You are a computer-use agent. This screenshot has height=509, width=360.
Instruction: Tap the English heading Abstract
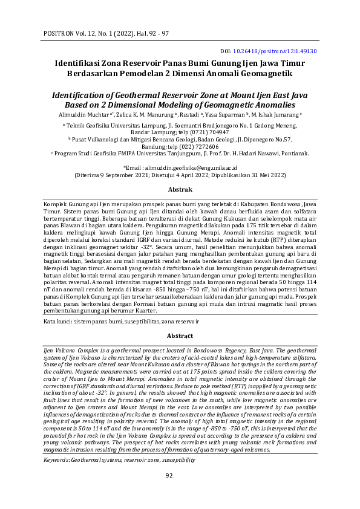180,335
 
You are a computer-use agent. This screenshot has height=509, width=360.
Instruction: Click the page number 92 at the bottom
180,492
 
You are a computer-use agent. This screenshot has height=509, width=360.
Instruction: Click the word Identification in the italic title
83,95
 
